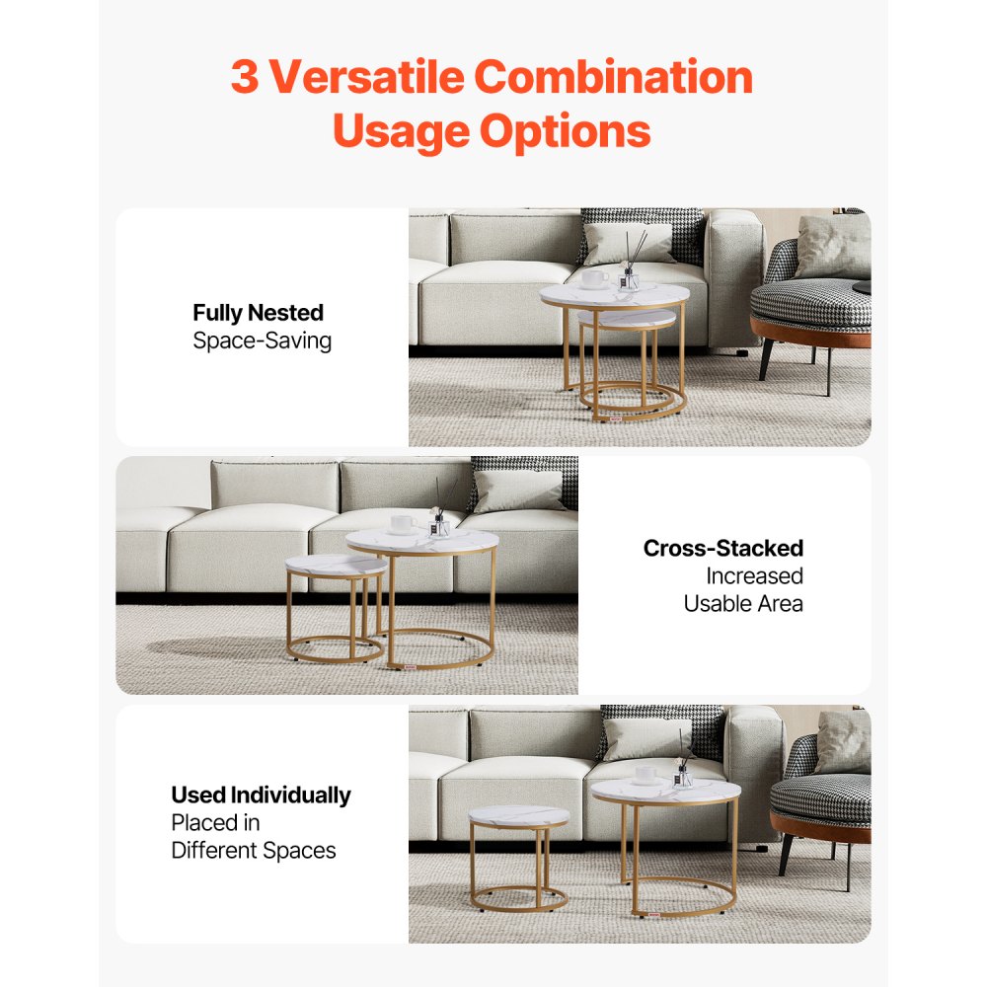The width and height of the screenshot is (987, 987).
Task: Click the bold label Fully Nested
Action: click(258, 313)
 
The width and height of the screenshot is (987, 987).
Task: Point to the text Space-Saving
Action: click(262, 342)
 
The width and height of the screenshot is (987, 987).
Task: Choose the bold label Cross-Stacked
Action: click(722, 548)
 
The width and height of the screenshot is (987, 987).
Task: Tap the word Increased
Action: click(754, 575)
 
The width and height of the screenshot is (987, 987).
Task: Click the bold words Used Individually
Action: click(261, 795)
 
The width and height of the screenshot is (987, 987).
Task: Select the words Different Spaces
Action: click(254, 850)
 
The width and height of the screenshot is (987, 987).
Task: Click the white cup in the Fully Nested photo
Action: click(594, 279)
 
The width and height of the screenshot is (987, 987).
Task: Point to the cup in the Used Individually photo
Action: click(645, 775)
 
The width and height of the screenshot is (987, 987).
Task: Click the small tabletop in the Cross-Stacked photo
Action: click(336, 565)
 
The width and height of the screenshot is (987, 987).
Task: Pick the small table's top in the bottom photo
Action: click(519, 816)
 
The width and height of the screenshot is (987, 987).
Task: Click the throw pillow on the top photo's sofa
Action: click(628, 242)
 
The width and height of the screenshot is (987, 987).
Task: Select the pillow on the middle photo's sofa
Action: click(518, 491)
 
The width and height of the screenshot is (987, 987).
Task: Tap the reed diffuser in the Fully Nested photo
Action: click(629, 265)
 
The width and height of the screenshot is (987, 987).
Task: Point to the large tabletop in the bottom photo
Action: click(665, 791)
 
